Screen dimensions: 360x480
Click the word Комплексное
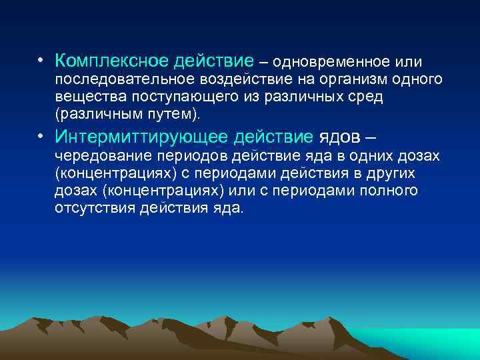(x=111, y=62)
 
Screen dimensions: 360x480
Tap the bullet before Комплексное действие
(x=41, y=62)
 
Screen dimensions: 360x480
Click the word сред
(x=369, y=97)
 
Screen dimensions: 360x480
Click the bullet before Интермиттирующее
(x=41, y=137)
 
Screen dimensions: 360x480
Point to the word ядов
(x=339, y=138)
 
